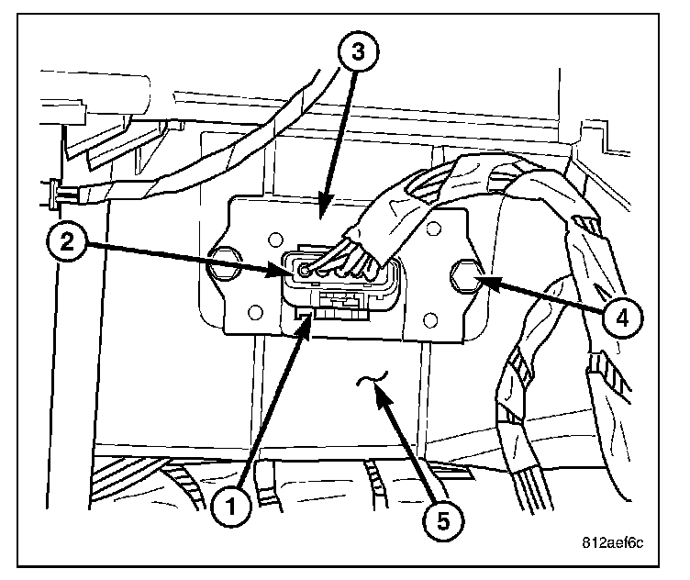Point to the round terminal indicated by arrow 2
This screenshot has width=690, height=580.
[x=304, y=270]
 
